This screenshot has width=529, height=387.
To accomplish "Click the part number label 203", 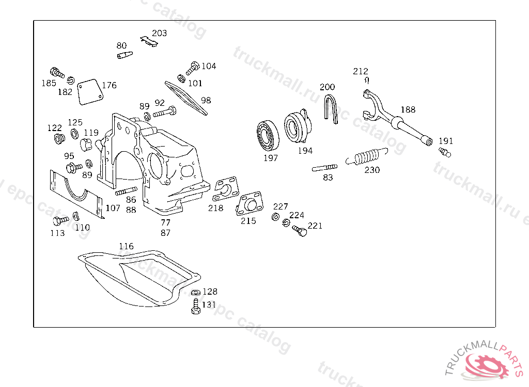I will (x=159, y=33).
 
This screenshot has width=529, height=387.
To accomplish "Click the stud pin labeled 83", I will (x=324, y=168).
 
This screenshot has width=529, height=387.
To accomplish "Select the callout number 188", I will (x=408, y=109).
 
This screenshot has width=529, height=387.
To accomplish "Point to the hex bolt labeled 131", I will (x=195, y=307).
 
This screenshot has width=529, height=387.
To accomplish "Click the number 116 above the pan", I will (x=126, y=246).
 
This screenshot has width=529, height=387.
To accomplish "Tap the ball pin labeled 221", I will (x=300, y=230).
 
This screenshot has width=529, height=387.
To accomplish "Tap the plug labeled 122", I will (x=59, y=139).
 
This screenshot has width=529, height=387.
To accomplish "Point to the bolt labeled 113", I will (x=59, y=221).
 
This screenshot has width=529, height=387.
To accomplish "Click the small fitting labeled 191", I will (x=445, y=152).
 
